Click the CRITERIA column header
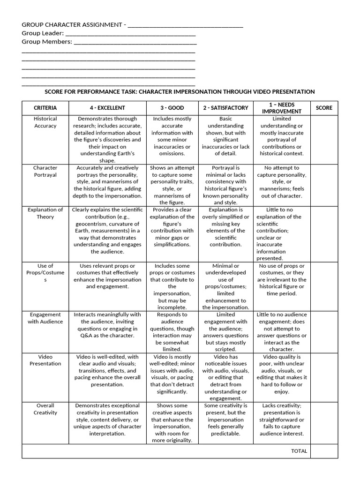[x=45, y=108]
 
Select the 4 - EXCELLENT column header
[x=108, y=108]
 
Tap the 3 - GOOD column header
[x=172, y=108]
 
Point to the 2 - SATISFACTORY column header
[x=225, y=108]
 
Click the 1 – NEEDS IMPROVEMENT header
[x=282, y=108]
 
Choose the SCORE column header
[x=324, y=108]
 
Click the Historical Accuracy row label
[x=45, y=122]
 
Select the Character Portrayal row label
[x=45, y=171]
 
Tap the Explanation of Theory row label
[x=45, y=213]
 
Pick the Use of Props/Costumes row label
[x=45, y=273]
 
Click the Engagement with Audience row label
[x=45, y=318]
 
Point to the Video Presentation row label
[x=45, y=360]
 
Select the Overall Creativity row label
[x=45, y=409]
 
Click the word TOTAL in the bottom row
[x=299, y=451]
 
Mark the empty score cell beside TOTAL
[x=324, y=451]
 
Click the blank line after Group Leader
[x=130, y=34]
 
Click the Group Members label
[x=47, y=42]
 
